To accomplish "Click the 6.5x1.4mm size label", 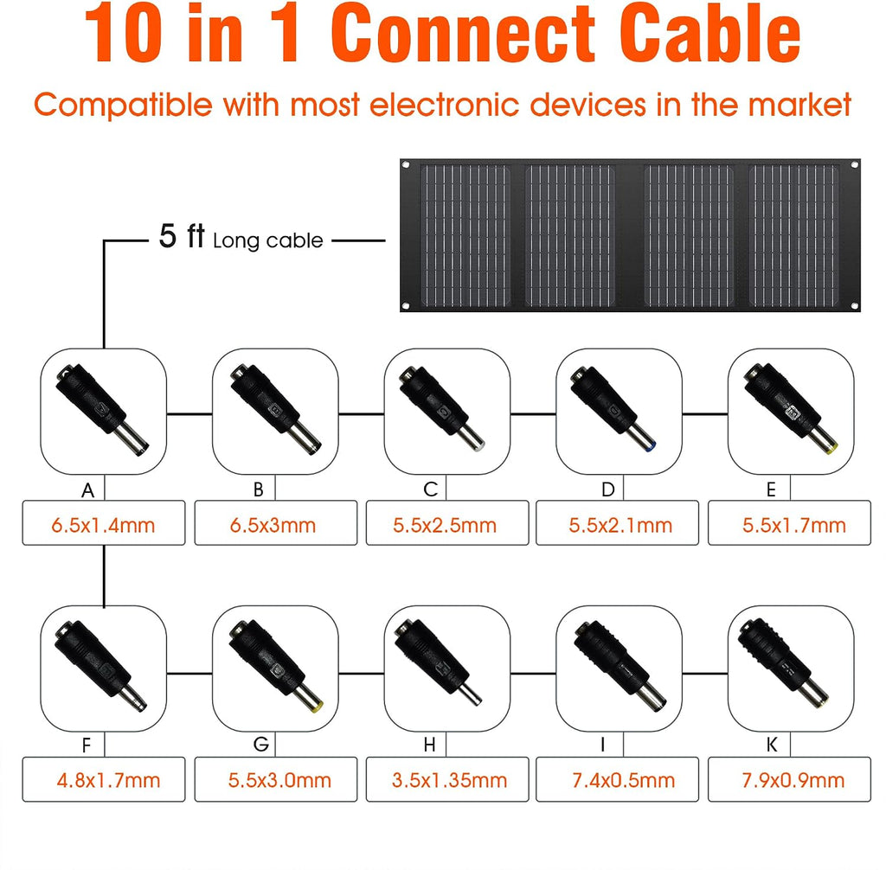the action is point(104,526).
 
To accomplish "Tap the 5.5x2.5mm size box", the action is point(447,522).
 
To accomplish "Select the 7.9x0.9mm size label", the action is point(793,780).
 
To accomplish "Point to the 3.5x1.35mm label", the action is point(450,780).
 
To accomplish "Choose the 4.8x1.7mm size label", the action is point(108,780).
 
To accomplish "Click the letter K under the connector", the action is point(772,745).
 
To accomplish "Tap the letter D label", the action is point(608,489).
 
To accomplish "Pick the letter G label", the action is point(261,744).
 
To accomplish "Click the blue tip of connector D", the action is point(652,445).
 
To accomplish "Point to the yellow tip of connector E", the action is point(832,448).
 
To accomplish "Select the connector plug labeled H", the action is point(438,662).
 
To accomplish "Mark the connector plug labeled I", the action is point(620,667).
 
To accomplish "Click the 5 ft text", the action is point(182,235).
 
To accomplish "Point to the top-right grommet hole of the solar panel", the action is point(854,165).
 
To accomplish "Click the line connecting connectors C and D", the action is point(533,414).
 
